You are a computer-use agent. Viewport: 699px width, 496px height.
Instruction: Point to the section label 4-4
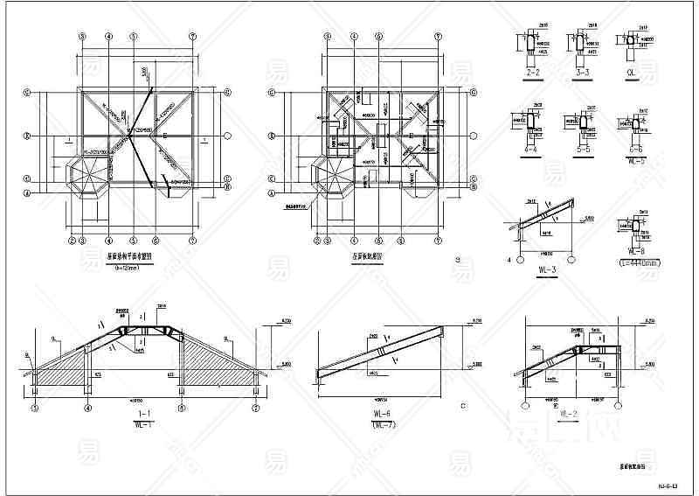point(529,150)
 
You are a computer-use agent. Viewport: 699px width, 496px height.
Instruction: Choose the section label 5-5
point(580,150)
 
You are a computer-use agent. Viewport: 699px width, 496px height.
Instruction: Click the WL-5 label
point(635,161)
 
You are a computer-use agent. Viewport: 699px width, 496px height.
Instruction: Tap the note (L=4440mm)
point(637,262)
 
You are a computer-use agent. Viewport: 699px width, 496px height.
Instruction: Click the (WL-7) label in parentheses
point(379,424)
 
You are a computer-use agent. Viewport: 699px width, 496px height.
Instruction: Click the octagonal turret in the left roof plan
point(87,177)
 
